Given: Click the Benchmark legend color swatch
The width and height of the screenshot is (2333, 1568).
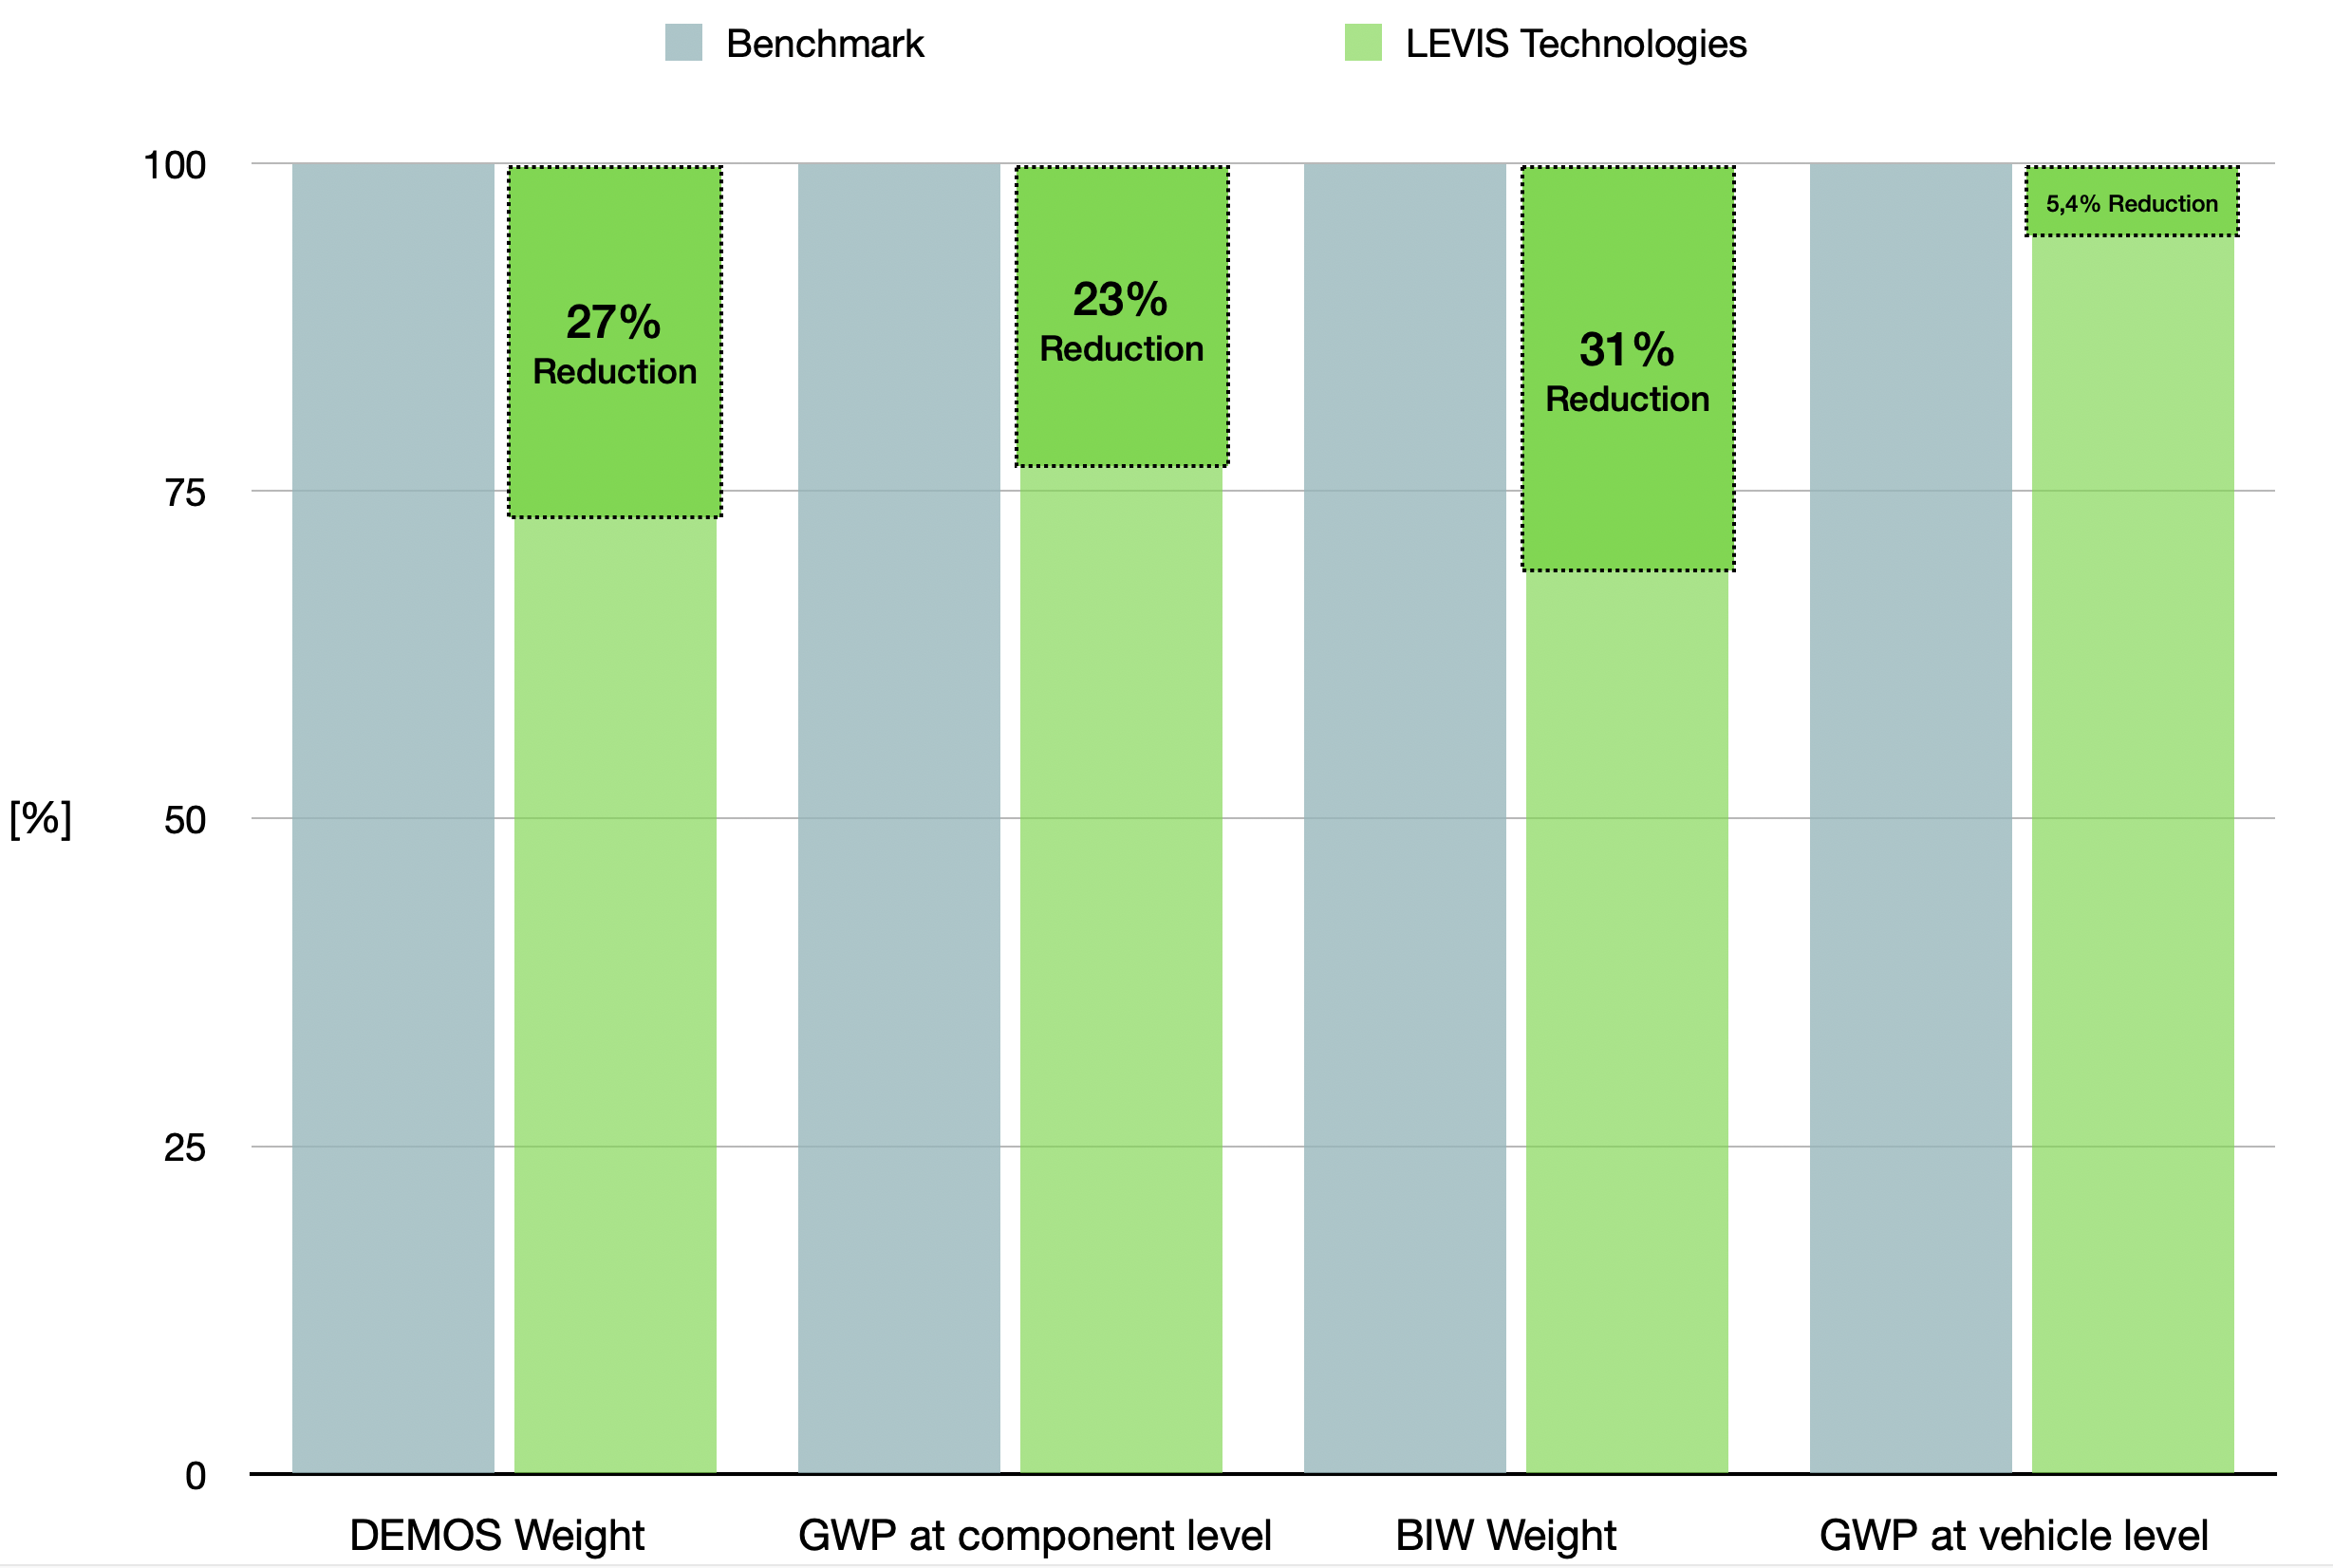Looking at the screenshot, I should (683, 43).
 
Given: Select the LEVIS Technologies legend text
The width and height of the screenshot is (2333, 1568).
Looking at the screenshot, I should (1575, 44).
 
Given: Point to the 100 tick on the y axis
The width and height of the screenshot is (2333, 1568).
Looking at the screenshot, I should (175, 165).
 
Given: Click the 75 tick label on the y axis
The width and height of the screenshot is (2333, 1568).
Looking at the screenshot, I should (185, 492).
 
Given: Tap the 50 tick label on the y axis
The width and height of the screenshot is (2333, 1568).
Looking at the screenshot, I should (185, 820).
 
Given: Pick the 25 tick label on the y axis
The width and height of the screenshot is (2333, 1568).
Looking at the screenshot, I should (185, 1148).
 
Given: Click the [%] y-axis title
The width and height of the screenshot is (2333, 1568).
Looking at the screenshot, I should (40, 819).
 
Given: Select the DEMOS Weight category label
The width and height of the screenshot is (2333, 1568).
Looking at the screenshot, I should (496, 1535).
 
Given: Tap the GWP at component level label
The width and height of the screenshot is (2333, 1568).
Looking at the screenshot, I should (1034, 1535).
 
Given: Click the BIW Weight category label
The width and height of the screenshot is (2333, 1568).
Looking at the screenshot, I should (1505, 1535).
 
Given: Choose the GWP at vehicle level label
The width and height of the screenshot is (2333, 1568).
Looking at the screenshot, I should (2013, 1535).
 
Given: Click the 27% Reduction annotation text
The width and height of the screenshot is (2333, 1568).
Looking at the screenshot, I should (614, 345).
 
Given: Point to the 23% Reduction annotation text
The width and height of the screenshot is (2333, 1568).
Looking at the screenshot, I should (1121, 322).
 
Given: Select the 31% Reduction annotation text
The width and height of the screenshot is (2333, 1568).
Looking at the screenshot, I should (1627, 372).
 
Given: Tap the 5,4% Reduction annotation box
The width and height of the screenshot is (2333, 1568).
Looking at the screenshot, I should (2131, 203).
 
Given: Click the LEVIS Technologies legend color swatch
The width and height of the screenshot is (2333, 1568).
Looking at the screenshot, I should (1362, 43).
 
